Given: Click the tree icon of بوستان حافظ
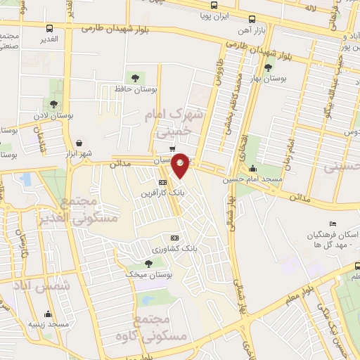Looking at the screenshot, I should click(134, 78).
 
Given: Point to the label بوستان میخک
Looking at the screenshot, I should click(148, 275).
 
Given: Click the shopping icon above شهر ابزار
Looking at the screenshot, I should click(79, 143).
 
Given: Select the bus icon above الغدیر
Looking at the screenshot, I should click(49, 29).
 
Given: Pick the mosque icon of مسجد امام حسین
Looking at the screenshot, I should click(253, 169).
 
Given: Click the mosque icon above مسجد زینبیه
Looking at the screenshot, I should click(48, 314).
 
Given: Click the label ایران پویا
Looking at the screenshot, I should click(212, 14).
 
